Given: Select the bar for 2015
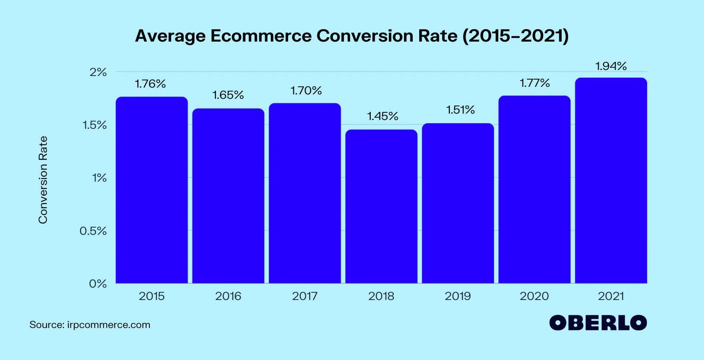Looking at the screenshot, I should (x=152, y=190).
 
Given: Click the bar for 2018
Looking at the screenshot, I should (x=381, y=206).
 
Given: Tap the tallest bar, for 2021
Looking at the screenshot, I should (x=611, y=180).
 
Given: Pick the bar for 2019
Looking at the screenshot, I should (x=458, y=203).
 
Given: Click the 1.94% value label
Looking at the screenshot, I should (x=611, y=66).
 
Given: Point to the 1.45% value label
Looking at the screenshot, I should (x=383, y=116).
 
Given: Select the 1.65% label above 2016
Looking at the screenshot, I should (x=228, y=95).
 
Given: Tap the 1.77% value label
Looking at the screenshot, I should (x=535, y=83).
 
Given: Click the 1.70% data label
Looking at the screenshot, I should (x=306, y=91).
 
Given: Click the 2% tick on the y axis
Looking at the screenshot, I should (x=98, y=72).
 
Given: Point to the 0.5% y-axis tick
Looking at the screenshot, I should (x=93, y=231).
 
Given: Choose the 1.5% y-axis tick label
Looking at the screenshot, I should (x=95, y=125).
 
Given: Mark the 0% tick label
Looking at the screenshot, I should (x=98, y=284).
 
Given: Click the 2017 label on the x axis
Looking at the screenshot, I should (x=305, y=296).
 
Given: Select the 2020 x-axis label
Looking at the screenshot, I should (x=534, y=296).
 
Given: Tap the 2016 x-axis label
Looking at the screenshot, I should (x=228, y=296).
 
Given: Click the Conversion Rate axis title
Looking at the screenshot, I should (x=43, y=180).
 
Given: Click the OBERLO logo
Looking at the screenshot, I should (x=598, y=323).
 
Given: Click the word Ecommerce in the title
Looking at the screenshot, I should (x=261, y=36).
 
